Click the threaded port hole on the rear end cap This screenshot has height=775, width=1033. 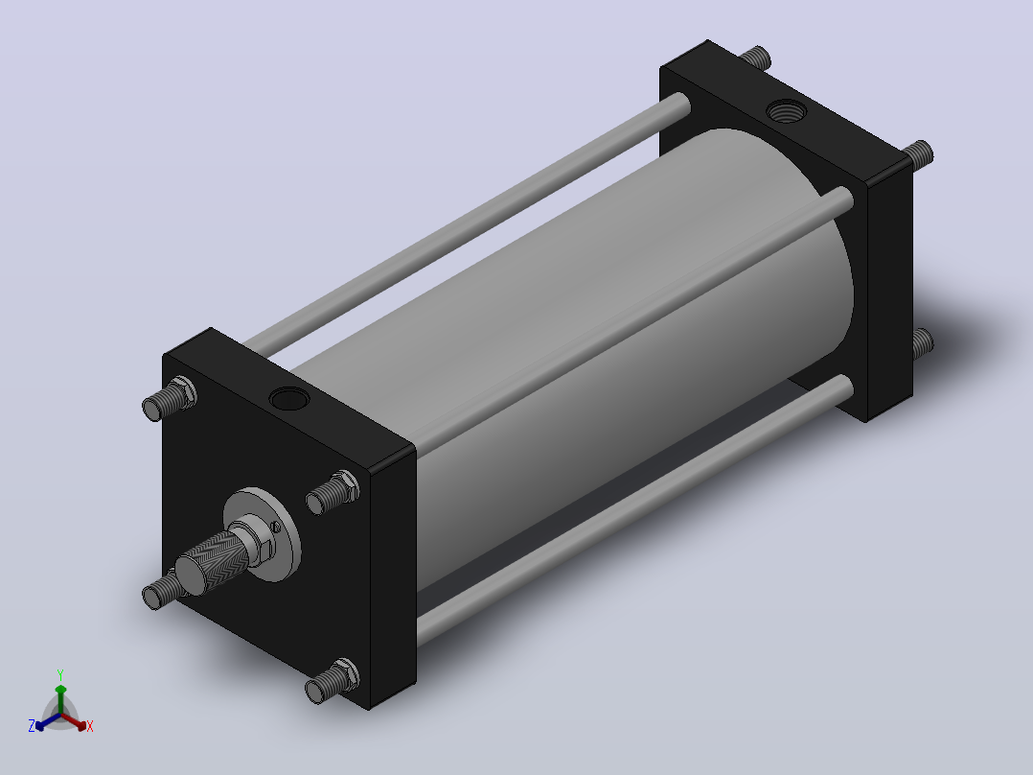(786, 111)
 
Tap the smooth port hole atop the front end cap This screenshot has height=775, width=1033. (289, 399)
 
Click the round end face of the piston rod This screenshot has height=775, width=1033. (190, 573)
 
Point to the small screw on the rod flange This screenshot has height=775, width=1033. (275, 527)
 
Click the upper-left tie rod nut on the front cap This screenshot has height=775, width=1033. (184, 391)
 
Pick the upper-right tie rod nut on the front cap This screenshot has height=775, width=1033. (347, 485)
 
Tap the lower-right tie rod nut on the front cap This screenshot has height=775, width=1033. (347, 673)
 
